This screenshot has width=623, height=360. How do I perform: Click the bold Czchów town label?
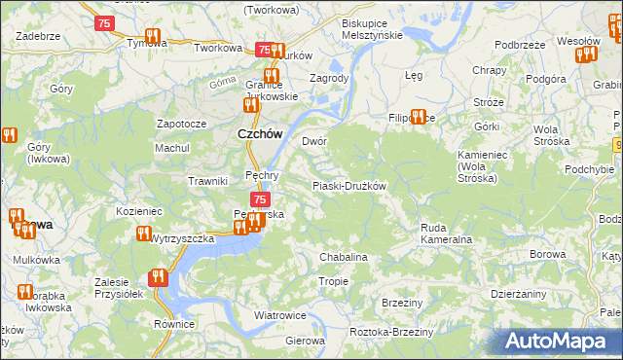pyautogui.click(x=260, y=136)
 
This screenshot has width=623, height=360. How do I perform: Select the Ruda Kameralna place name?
pyautogui.click(x=446, y=234)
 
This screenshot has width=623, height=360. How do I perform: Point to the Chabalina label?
pyautogui.click(x=344, y=257)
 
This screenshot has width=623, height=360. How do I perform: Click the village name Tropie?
pyautogui.click(x=334, y=281)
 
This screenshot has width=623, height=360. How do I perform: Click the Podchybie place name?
pyautogui.click(x=589, y=169)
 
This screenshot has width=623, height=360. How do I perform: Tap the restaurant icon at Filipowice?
pyautogui.click(x=419, y=117)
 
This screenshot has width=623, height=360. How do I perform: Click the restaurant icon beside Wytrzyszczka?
pyautogui.click(x=144, y=234)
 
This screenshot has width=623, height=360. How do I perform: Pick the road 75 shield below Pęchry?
pyautogui.click(x=260, y=199)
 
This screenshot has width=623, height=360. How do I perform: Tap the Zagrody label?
pyautogui.click(x=328, y=78)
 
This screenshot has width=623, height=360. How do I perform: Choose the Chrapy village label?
pyautogui.click(x=488, y=70)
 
